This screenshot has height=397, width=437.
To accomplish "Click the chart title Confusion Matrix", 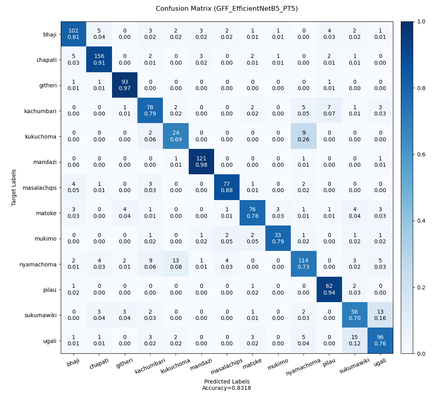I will coord(226,9).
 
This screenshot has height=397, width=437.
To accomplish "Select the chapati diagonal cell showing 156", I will coord(99,60).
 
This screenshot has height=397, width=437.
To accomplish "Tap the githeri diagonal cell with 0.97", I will coord(125,85).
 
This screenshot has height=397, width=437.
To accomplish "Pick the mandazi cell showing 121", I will coord(201,162).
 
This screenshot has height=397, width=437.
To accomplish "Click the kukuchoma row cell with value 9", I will coord(304,136).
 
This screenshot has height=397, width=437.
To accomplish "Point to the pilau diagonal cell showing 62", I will coord(329,289).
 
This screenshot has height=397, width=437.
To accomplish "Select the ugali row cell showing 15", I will coord(355,340).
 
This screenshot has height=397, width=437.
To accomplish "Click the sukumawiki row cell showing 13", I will coord(380,315).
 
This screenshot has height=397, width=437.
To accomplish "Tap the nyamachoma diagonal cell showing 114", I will coord(304,264).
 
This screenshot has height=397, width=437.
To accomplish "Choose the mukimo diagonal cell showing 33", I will coord(278,238).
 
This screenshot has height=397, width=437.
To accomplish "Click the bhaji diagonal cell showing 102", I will coord(73,34).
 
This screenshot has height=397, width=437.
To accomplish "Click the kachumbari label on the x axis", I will coord(150,365).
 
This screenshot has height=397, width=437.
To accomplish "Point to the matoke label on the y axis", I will coord(48,213).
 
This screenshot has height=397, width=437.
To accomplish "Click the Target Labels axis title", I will coord(14,187).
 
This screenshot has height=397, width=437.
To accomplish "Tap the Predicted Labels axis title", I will coord(227,382).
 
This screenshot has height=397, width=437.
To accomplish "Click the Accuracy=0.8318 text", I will coord(227,388).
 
